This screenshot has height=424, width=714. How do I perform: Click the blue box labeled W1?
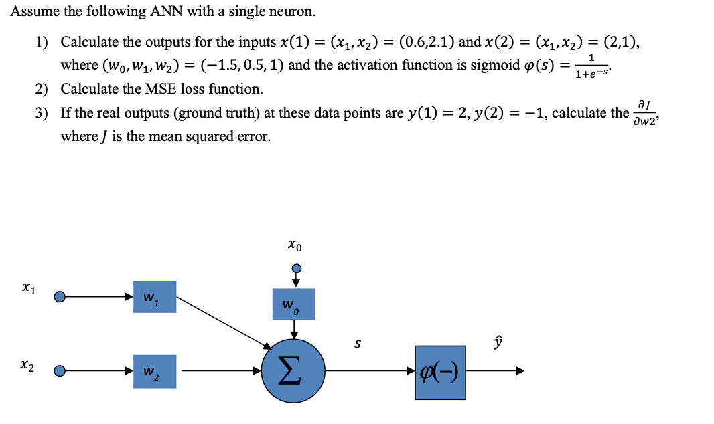(155, 296)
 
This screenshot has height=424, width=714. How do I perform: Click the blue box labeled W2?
(155, 371)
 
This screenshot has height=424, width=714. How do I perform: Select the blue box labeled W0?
(293, 304)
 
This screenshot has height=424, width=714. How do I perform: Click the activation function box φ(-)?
(440, 373)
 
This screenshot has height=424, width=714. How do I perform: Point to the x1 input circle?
(60, 296)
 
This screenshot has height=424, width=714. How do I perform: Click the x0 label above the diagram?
(294, 247)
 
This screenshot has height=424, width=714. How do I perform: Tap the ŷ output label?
(497, 342)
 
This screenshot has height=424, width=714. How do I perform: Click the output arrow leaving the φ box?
(496, 372)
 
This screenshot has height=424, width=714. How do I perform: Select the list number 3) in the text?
(42, 112)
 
